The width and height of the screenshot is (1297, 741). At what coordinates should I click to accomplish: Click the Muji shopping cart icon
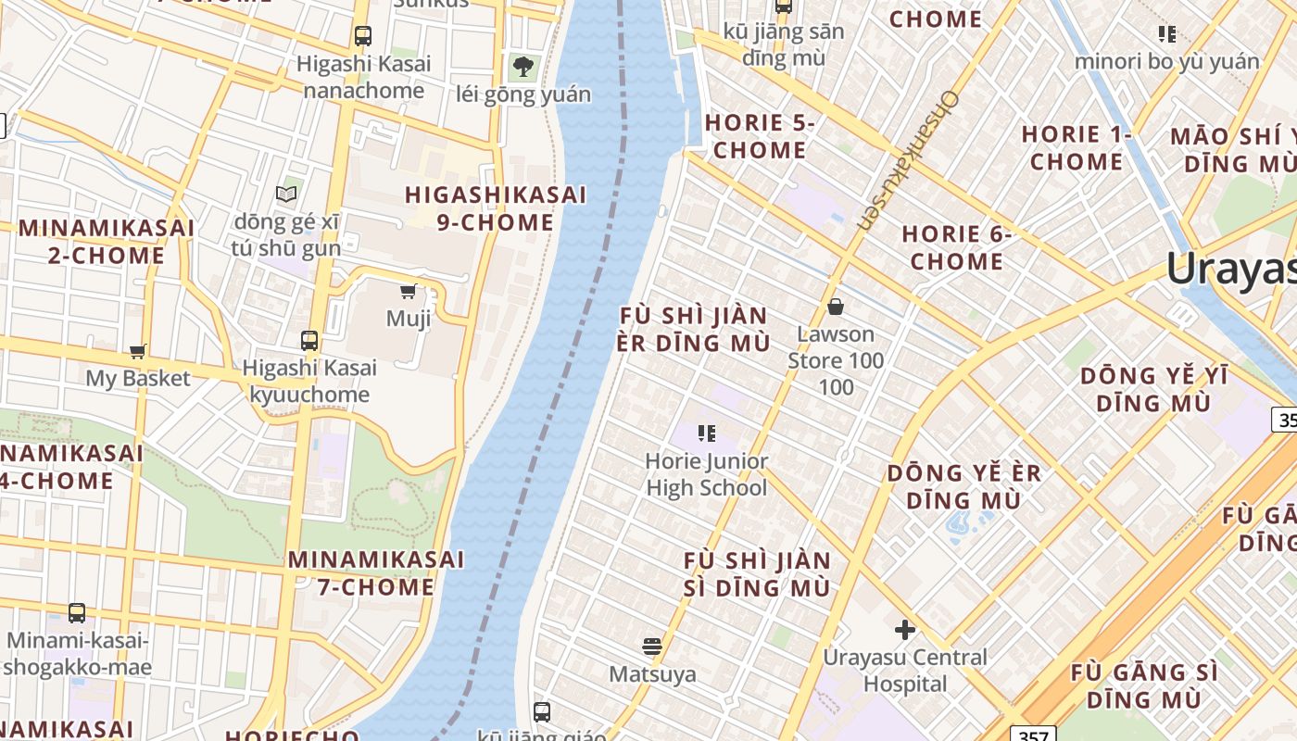(x=408, y=292)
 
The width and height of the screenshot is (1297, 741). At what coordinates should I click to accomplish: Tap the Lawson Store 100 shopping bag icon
(x=836, y=307)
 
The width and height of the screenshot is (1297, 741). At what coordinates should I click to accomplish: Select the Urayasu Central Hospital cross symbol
(x=905, y=631)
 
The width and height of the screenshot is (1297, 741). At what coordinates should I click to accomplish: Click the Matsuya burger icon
(x=652, y=647)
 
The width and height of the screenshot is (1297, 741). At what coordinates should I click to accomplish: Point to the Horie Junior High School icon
(x=707, y=433)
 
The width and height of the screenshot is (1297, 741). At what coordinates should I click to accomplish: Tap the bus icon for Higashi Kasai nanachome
(x=363, y=36)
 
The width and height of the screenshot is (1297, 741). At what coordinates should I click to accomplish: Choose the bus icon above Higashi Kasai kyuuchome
(x=309, y=341)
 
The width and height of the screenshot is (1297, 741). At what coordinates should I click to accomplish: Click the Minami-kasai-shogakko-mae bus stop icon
(x=77, y=613)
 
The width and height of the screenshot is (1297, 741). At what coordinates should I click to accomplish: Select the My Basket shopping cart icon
(x=138, y=351)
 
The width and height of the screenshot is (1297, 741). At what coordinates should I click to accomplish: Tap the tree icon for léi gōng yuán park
(x=523, y=66)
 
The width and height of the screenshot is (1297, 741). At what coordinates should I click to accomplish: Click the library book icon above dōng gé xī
(x=287, y=194)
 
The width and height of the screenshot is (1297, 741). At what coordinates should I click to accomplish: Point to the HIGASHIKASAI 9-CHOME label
(x=496, y=208)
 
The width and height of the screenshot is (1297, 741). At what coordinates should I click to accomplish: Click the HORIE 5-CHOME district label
(x=760, y=136)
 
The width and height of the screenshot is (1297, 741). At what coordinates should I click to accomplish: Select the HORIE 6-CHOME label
(x=957, y=247)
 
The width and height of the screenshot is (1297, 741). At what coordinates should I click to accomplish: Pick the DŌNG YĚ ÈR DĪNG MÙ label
(x=964, y=486)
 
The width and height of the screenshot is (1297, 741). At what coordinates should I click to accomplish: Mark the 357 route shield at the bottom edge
(x=1031, y=735)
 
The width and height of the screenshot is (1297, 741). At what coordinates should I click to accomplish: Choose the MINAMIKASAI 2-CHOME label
(x=106, y=241)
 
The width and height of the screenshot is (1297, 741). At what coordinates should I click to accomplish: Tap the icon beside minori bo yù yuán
(x=1167, y=34)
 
